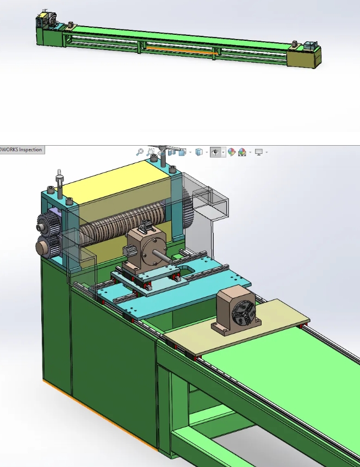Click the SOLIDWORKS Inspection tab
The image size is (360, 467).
[x=21, y=150]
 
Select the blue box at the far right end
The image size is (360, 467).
[x=311, y=46]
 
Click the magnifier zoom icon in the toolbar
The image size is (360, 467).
[x=140, y=152]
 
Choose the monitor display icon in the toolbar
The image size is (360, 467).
[x=259, y=152]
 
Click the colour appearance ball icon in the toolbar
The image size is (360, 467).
[x=231, y=153]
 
